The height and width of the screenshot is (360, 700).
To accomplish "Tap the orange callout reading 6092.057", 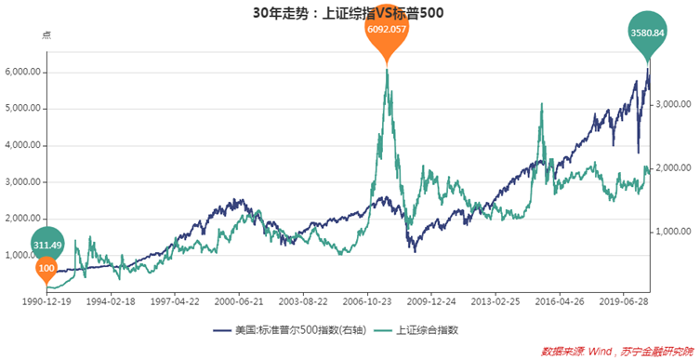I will pos(387,31).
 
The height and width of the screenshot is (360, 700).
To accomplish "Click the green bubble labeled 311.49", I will pos(46,245).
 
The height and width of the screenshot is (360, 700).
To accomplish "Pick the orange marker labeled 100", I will pos(46,269).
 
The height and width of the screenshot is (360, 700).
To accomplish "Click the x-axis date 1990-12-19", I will pos(45,302).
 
